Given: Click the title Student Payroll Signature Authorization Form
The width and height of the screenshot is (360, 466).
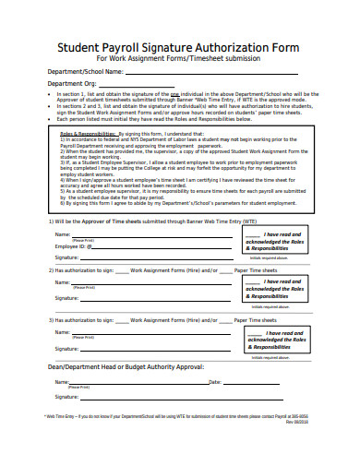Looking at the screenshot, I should point(180,46).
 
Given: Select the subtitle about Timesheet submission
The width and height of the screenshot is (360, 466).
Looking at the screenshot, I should point(180,58).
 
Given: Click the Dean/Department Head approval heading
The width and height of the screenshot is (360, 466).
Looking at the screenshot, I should point(126,366).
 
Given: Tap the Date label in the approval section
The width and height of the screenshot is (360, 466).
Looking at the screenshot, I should point(215,381).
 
